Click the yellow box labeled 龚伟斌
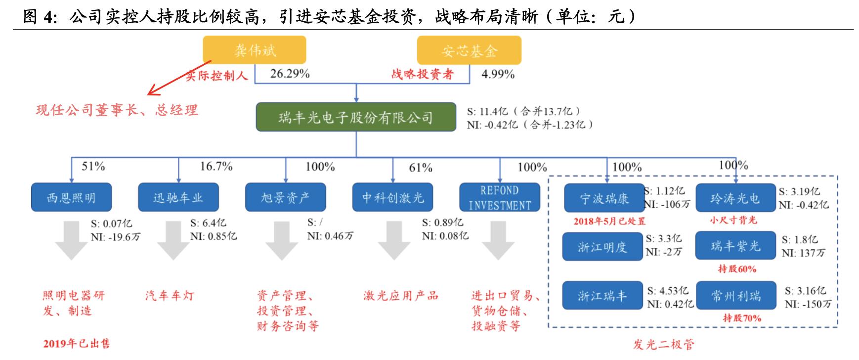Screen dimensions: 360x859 (x=254, y=50)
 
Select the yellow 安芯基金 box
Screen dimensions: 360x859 (x=469, y=50)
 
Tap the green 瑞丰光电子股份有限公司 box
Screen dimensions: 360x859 (x=355, y=117)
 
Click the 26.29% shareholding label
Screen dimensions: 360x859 (x=290, y=74)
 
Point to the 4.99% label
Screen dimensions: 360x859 (x=498, y=74)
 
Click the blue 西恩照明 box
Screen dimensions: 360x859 (x=71, y=198)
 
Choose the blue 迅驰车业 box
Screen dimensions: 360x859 (x=178, y=198)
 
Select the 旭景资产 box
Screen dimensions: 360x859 (x=285, y=198)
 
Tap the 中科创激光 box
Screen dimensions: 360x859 (x=393, y=198)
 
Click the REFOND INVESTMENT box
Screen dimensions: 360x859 (x=500, y=198)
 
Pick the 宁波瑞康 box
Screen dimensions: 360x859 (x=603, y=199)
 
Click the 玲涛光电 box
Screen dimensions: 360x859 (x=735, y=198)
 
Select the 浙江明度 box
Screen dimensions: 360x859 (x=602, y=246)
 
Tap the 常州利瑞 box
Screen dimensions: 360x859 (x=735, y=296)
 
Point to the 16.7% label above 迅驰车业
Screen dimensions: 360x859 (x=216, y=166)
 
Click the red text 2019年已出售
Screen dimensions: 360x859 (x=76, y=343)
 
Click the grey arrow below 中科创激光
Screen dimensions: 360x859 (x=393, y=240)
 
